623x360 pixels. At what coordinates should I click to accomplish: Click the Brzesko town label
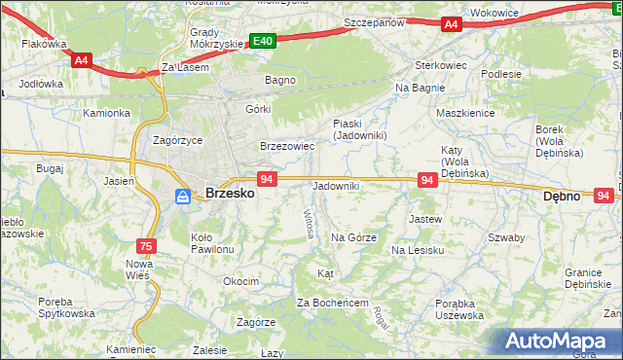pos(231,194)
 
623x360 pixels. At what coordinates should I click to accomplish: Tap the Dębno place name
pos(562,196)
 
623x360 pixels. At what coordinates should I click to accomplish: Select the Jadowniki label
pos(335,185)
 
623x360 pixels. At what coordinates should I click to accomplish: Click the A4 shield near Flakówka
pos(81,60)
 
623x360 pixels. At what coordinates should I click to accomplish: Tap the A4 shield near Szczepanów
pos(451,24)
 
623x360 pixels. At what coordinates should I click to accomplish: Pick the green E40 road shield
pos(262,41)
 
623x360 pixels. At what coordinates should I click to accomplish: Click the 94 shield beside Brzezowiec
pos(269,179)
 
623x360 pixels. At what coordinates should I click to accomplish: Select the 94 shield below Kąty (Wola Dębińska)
pos(426,180)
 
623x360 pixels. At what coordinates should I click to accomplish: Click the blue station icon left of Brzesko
pos(183,197)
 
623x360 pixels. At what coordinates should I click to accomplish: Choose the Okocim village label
pos(240,281)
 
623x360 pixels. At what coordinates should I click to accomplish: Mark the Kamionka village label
pos(106,113)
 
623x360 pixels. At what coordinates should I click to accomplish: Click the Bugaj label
pos(49,168)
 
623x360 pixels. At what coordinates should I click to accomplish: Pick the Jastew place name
pos(425,219)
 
